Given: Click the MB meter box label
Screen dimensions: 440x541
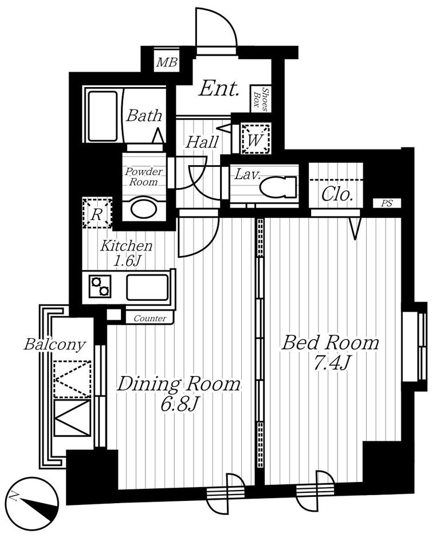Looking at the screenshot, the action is pos(167,63).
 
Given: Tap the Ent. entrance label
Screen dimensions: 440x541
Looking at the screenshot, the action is pos(219,89).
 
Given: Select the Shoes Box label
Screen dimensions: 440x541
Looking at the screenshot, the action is pos(261,99).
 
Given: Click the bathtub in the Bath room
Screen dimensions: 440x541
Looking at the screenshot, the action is pos(103,115).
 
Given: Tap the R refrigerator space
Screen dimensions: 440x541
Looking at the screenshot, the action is pos(97,213).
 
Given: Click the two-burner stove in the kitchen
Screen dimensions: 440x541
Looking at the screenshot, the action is pos(100,287).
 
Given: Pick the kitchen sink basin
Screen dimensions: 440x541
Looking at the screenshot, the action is pos(147,287).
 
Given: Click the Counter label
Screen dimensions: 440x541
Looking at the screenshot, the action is pos(150,319).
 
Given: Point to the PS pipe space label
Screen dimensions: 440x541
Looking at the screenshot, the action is pos(387,203).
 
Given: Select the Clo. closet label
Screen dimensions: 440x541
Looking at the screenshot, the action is pos(337,195).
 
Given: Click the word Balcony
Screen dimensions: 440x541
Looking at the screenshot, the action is pos(54,344).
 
